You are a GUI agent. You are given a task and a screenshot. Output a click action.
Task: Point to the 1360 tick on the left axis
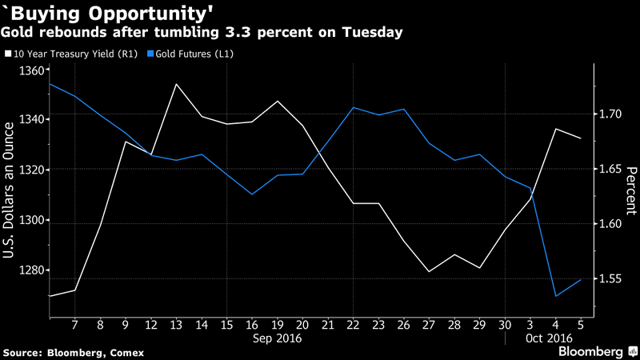[x=31, y=71]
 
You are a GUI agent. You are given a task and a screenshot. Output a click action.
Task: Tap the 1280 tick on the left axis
[x=31, y=270]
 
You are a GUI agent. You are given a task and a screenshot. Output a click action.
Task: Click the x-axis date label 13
[x=176, y=325]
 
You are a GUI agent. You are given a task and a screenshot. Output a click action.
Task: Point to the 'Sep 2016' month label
[x=278, y=338]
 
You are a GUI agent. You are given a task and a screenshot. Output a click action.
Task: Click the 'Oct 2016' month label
[x=546, y=338]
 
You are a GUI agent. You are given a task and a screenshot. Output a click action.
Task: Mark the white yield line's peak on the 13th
[x=176, y=84]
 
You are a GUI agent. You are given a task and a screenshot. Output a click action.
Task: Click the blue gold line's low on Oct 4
[x=555, y=296]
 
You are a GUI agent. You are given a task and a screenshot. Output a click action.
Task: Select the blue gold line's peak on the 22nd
[x=354, y=107]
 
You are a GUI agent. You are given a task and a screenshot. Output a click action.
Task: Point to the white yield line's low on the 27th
[x=430, y=272]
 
